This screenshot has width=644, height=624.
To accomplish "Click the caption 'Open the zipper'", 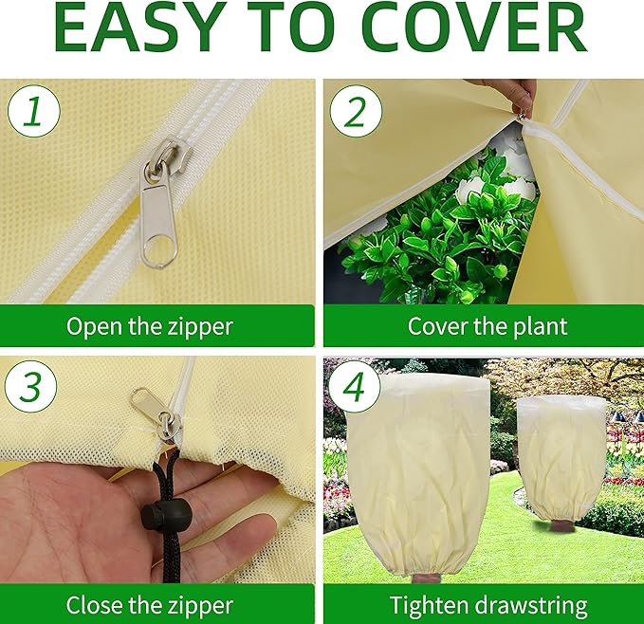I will tap(150, 327).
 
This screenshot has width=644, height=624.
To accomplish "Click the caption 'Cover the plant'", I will tap(488, 327).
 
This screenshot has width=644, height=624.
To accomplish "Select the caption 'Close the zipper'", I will tap(150, 604).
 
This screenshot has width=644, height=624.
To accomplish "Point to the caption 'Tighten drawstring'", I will tap(488, 604).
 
